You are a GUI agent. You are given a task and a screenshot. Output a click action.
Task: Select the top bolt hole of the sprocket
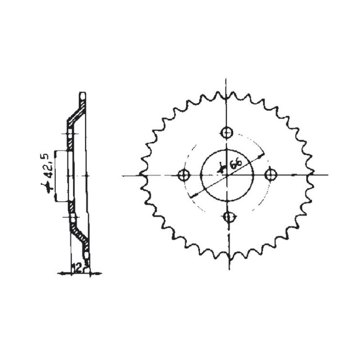[x=227, y=132]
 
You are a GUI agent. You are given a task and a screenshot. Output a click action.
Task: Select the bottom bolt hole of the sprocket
[x=229, y=217]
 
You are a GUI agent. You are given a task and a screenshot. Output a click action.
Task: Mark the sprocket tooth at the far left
[x=142, y=175]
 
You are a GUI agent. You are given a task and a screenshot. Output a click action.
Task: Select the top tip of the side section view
[x=83, y=93]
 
